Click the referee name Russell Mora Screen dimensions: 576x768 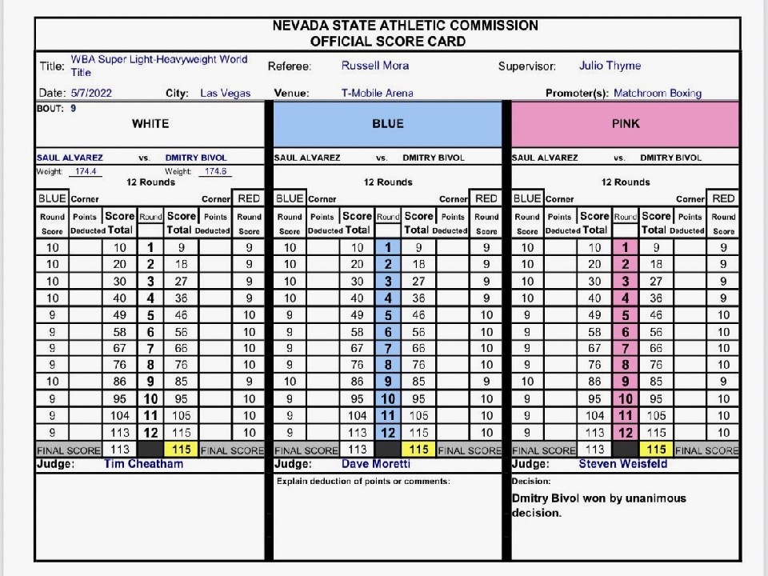375,66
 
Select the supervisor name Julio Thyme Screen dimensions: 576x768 610,66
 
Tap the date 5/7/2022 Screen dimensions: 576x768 91,93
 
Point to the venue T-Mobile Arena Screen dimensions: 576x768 377,93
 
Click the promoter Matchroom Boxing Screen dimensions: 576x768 657,93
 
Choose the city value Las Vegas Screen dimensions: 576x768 226,93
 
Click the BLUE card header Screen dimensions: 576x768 388,124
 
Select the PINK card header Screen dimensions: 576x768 626,124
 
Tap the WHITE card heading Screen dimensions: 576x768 150,124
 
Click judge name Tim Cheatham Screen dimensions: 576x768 143,464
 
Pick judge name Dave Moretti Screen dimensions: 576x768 375,464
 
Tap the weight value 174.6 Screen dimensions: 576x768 215,171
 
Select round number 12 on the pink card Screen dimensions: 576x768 626,433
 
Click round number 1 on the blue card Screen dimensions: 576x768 388,248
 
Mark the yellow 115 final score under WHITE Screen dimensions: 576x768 182,450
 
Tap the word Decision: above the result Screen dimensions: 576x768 530,482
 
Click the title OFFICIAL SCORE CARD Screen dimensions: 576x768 388,41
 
